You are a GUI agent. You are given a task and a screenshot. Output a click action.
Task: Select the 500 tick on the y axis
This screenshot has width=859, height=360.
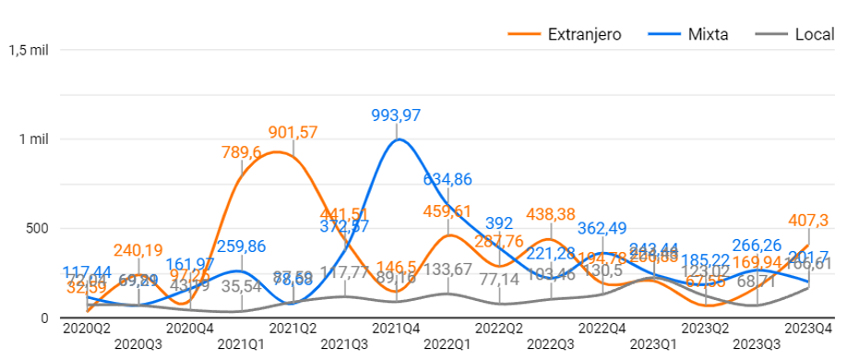(37, 228)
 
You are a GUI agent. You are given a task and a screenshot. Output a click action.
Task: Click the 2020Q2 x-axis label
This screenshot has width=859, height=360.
(87, 328)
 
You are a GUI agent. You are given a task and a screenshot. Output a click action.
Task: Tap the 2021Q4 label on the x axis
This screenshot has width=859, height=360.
(397, 328)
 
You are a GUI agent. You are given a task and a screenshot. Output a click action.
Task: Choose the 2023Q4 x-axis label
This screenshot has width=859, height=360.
(809, 328)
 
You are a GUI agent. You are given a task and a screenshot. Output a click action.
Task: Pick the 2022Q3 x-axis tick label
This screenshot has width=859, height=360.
(552, 344)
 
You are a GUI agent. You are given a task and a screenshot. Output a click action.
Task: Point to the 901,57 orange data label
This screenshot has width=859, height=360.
(293, 131)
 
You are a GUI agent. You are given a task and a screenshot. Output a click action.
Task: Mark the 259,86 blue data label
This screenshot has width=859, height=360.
(243, 246)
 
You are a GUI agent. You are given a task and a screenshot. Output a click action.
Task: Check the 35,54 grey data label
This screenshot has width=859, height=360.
(243, 286)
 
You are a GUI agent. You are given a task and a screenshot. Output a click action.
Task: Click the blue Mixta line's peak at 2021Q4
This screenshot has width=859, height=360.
(398, 139)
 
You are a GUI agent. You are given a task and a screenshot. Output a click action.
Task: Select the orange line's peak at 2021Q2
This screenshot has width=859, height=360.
(278, 152)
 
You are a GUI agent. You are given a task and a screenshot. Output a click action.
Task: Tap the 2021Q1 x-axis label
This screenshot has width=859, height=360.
(242, 344)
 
